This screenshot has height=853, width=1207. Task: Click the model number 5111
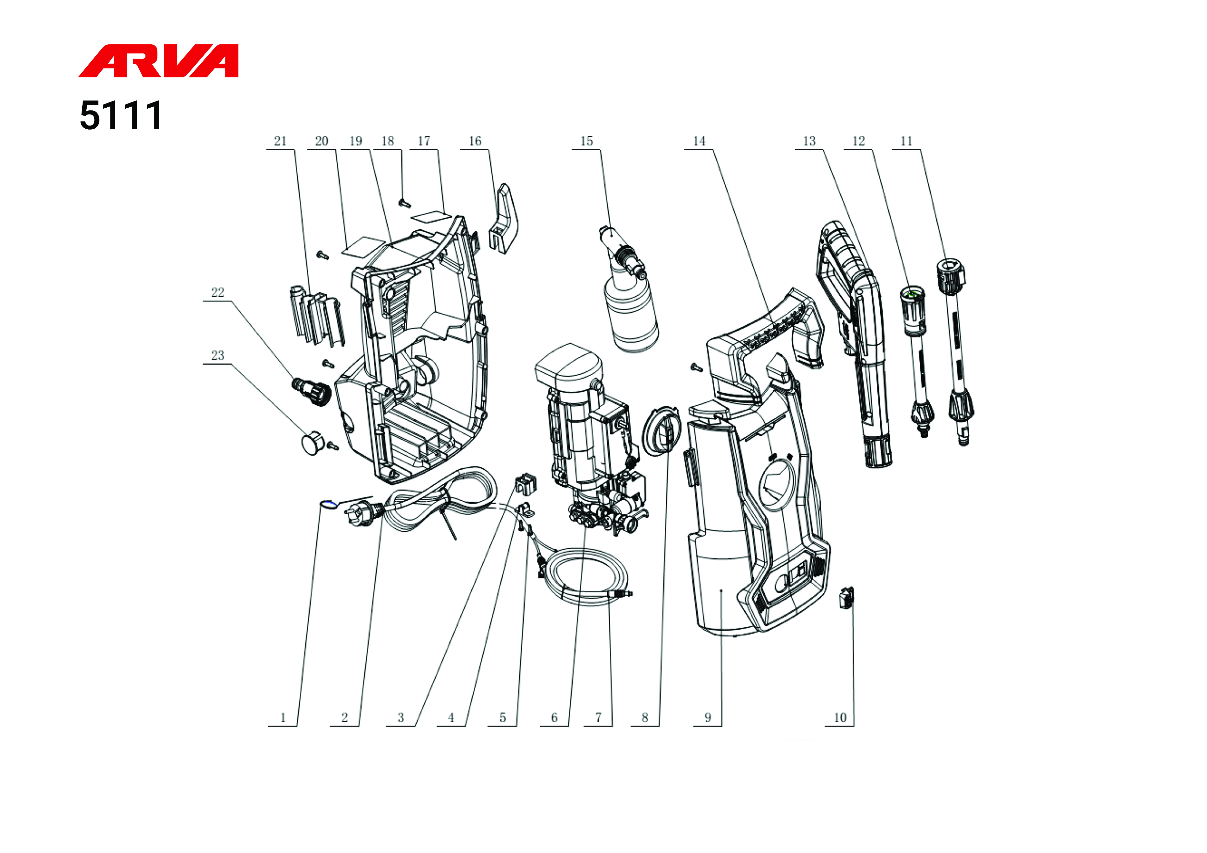(121, 116)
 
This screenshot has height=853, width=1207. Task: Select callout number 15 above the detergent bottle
(586, 141)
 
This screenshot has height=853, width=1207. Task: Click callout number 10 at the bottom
(840, 718)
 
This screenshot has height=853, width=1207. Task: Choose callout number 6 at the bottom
(554, 718)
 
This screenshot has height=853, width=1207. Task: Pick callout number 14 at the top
(699, 141)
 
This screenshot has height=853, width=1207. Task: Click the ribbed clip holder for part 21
(316, 315)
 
